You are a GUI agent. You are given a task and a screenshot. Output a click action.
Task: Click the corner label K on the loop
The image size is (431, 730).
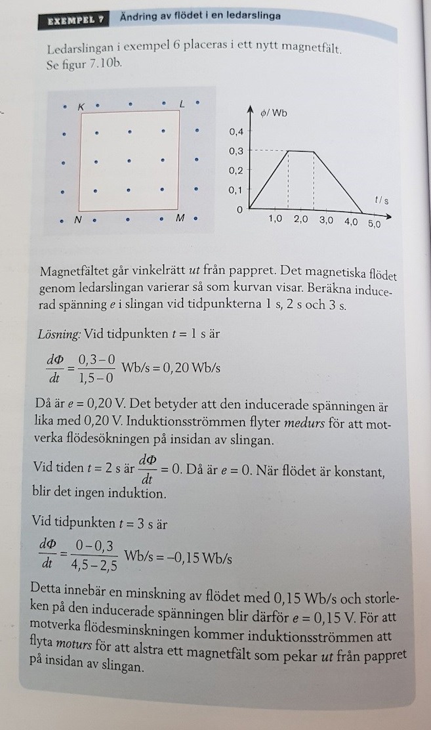tap(81, 106)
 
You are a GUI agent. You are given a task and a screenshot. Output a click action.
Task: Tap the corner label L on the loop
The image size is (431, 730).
tap(182, 104)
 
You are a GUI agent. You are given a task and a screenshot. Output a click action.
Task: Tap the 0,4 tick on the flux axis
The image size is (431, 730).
tap(236, 132)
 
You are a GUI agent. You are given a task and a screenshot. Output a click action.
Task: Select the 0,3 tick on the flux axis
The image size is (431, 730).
tap(236, 151)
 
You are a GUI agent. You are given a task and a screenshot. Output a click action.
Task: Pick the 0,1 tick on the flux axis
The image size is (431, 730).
tap(236, 190)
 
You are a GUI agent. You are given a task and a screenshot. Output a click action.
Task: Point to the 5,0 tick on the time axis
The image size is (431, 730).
tap(374, 223)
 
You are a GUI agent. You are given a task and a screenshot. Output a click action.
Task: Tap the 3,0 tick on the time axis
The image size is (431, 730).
tap(326, 221)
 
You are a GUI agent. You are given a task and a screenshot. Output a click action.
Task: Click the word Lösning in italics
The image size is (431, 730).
tap(59, 333)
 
